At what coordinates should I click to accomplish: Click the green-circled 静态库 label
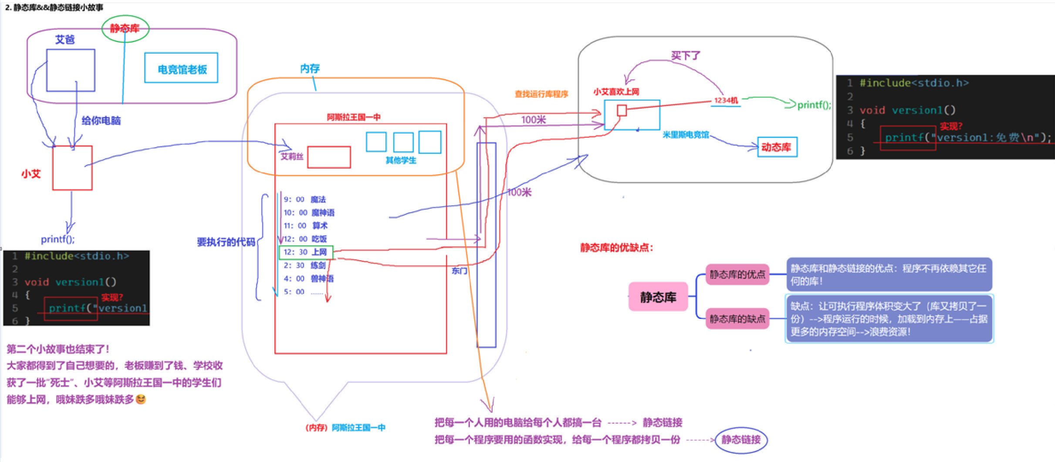(125, 29)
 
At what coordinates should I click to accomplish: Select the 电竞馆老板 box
(181, 68)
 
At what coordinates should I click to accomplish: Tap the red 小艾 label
(31, 174)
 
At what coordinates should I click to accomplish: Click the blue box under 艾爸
(71, 70)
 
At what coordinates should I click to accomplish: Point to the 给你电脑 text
(101, 121)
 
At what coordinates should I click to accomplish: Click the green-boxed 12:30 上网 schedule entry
(306, 252)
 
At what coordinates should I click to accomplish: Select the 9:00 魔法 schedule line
(305, 200)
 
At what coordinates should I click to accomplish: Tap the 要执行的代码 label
(226, 242)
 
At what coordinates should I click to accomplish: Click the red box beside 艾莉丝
(329, 157)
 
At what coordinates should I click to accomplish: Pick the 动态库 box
(777, 147)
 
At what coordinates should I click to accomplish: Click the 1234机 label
(726, 101)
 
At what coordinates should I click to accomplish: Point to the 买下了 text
(686, 56)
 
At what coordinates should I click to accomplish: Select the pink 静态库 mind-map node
(658, 297)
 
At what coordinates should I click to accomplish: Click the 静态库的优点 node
(737, 275)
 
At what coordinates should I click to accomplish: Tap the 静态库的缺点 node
(737, 319)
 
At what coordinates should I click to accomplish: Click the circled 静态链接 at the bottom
(741, 440)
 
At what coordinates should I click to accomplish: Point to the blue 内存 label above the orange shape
(310, 69)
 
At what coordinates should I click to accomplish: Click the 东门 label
(459, 271)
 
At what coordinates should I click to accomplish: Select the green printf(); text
(814, 105)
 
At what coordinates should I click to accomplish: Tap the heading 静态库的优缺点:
(616, 248)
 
